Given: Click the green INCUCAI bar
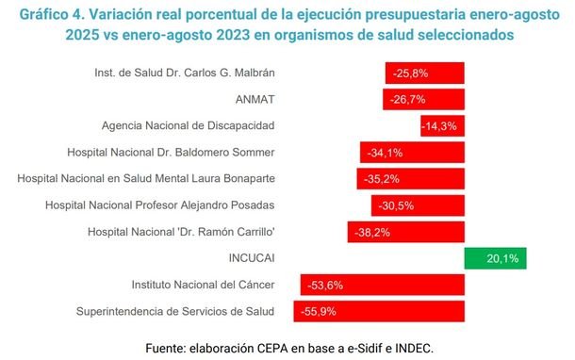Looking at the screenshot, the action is pyautogui.click(x=495, y=258).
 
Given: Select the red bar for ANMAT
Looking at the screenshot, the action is pyautogui.click(x=423, y=99).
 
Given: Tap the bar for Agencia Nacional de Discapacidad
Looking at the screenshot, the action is pyautogui.click(x=443, y=125).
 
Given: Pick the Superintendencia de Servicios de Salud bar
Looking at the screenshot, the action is pyautogui.click(x=379, y=311).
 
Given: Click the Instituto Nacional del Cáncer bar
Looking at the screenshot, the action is pyautogui.click(x=383, y=285).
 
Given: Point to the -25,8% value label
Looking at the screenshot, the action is pyautogui.click(x=410, y=74).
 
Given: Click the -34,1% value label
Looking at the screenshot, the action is pyautogui.click(x=385, y=153).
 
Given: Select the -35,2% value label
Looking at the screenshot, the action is pyautogui.click(x=382, y=179).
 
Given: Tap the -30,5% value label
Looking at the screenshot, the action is pyautogui.click(x=396, y=205).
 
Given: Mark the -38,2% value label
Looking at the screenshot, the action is pyautogui.click(x=372, y=232).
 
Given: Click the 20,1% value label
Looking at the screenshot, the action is pyautogui.click(x=502, y=258).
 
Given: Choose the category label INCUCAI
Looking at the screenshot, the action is pyautogui.click(x=252, y=258).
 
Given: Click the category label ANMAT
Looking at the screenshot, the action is pyautogui.click(x=255, y=99).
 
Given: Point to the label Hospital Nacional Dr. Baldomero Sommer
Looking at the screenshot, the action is pyautogui.click(x=171, y=152).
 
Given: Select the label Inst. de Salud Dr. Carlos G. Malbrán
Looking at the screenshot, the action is pyautogui.click(x=185, y=73).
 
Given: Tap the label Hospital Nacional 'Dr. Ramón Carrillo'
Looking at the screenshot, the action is pyautogui.click(x=181, y=232).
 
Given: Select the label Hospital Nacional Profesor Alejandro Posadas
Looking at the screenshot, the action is pyautogui.click(x=160, y=205).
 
